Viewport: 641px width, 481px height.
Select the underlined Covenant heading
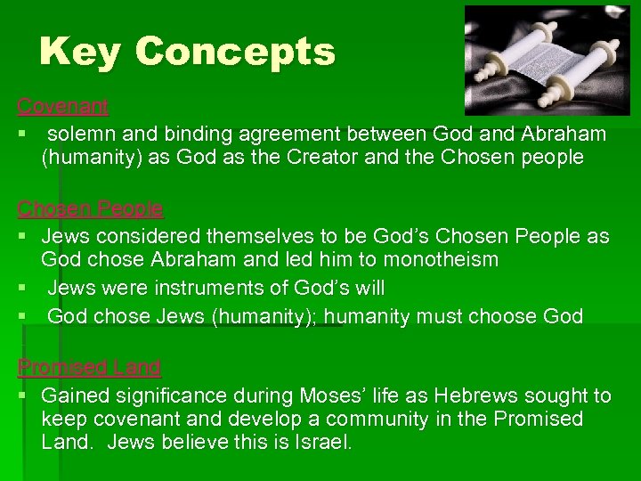[x=63, y=107]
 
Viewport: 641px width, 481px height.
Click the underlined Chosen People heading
[x=91, y=209]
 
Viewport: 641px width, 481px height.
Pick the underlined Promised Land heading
[x=90, y=367]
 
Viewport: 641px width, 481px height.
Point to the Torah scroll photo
[x=547, y=61]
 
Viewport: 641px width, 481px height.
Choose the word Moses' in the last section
[x=333, y=395]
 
